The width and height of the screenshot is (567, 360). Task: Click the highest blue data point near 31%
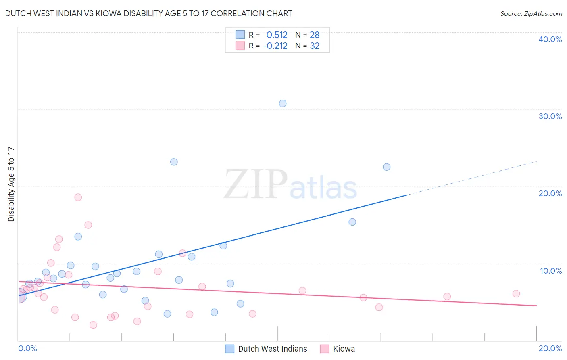point(283,103)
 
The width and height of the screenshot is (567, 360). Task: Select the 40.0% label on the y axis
point(550,39)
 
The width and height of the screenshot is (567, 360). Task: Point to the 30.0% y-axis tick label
point(550,116)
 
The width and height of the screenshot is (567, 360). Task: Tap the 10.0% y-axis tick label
point(551,271)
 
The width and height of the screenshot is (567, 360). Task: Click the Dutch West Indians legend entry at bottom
point(272,349)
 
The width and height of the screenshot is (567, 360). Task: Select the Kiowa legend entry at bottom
point(344,349)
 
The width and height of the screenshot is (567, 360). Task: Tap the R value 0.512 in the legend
point(277,35)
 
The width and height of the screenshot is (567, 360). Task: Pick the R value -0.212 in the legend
point(275,46)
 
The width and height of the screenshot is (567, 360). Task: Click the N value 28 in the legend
point(315,35)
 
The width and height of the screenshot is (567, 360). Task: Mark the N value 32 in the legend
point(315,46)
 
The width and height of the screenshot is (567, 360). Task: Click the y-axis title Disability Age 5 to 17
point(11,184)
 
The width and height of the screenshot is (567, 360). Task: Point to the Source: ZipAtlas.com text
point(531,14)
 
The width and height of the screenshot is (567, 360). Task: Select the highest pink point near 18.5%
point(78,197)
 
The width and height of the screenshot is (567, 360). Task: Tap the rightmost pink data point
point(516,294)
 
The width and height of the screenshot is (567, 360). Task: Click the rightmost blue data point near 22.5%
point(387,167)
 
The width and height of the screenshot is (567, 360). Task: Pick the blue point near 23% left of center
point(174,162)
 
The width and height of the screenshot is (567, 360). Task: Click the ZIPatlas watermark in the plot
point(290,185)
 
